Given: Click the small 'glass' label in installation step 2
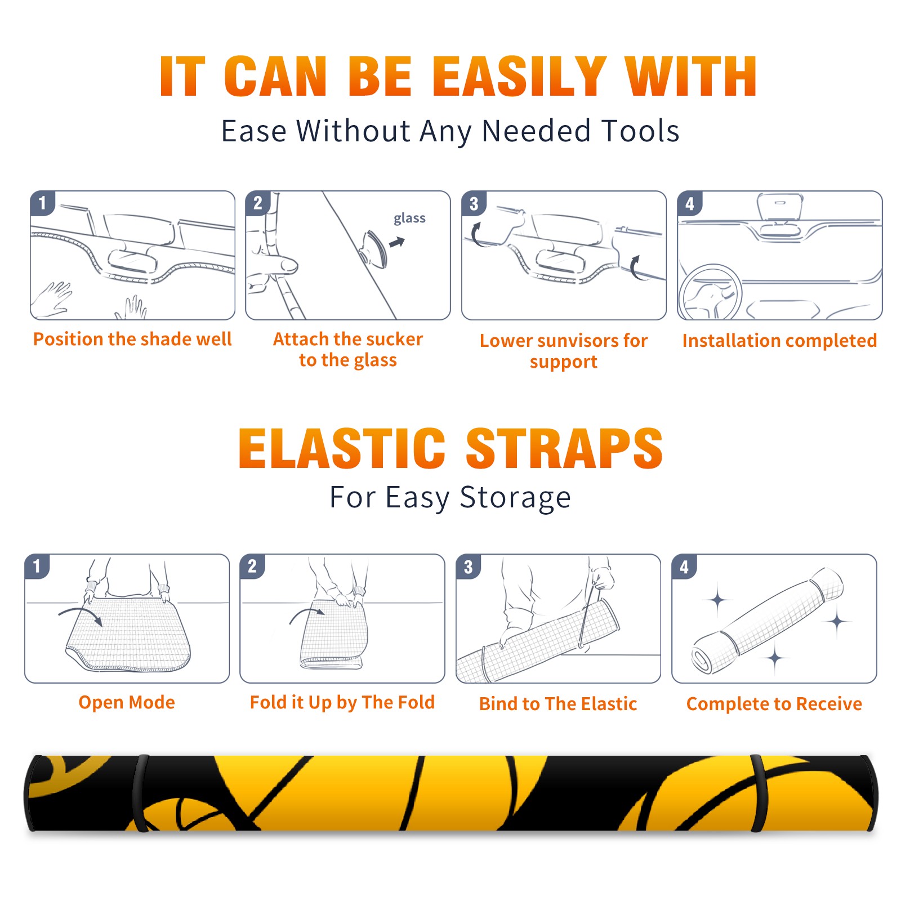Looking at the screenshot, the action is tap(409, 218).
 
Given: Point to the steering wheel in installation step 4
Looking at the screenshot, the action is tap(711, 293).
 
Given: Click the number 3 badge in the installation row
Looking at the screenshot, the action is tap(474, 204).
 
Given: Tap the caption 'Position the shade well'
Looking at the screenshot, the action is tap(132, 339).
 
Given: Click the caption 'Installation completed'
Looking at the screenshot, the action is tap(779, 340).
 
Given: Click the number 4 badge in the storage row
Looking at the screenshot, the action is tap(684, 567).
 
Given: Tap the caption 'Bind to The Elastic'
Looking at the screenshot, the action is tap(557, 703).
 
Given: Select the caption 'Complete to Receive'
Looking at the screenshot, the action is tap(774, 703).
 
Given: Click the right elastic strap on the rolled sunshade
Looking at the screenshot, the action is tap(759, 793).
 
